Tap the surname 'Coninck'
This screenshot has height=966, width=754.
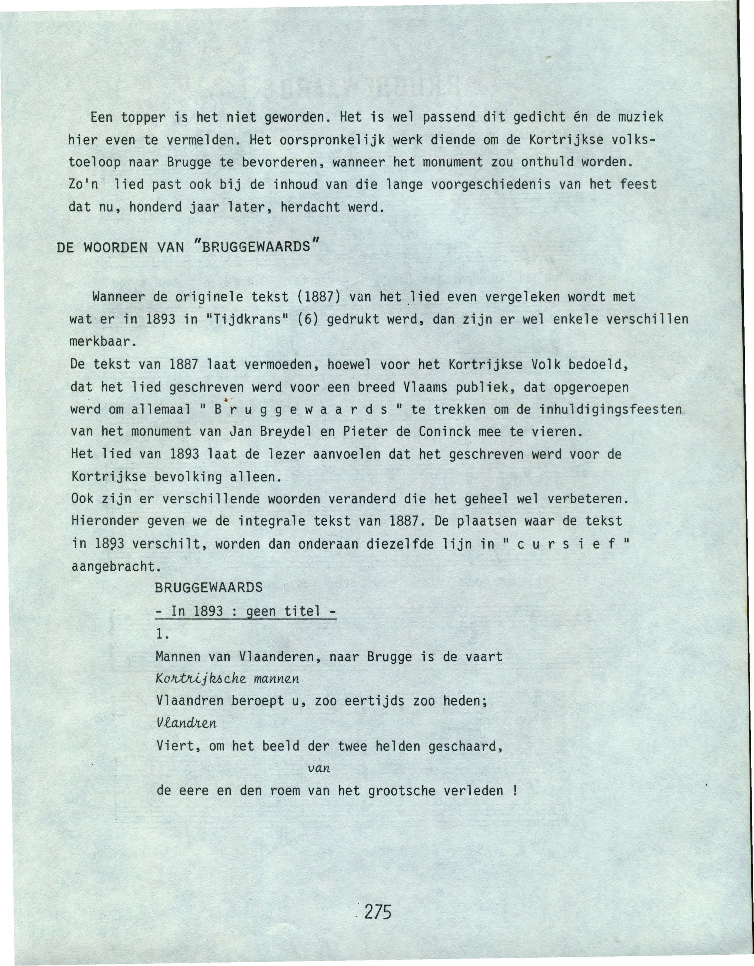tap(441, 432)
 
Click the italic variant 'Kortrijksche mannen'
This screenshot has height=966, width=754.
tap(228, 679)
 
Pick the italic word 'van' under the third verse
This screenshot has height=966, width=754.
tap(318, 769)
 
